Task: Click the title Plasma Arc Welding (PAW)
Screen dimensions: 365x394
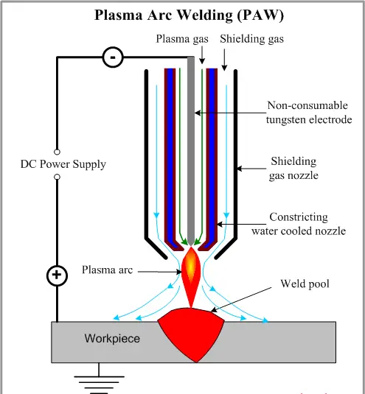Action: point(189,15)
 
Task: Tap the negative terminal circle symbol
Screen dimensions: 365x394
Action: point(113,57)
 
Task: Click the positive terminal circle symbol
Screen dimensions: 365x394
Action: point(57,275)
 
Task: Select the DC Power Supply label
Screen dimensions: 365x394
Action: point(63,164)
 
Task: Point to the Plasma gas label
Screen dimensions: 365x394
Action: point(182,39)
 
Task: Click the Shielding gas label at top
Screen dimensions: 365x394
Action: point(251,39)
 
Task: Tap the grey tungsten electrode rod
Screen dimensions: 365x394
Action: point(191,151)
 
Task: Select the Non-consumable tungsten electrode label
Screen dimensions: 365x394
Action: point(309,113)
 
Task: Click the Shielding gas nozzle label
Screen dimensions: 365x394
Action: point(293,168)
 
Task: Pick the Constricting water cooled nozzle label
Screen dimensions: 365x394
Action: point(299,224)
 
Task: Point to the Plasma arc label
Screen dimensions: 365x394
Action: point(107,270)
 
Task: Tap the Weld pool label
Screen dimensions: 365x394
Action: point(305,284)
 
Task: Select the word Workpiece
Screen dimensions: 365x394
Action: point(112,339)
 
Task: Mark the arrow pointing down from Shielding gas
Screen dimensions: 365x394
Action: point(225,60)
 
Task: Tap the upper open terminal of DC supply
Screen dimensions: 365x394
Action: point(57,152)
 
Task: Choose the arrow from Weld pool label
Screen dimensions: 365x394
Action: point(241,300)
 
